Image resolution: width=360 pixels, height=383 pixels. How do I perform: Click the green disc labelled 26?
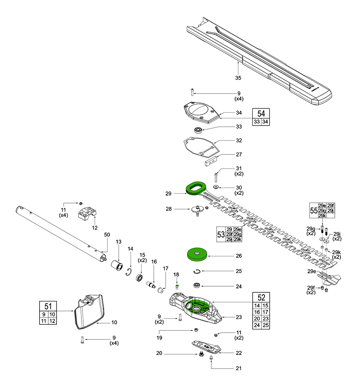click(x=197, y=254)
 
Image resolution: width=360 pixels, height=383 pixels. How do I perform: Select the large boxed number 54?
click(x=261, y=114)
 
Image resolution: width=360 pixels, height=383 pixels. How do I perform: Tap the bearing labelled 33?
click(x=198, y=130)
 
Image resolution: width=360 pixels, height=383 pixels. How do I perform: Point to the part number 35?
click(x=238, y=78)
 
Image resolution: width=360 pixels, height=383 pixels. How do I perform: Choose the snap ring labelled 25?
click(x=198, y=271)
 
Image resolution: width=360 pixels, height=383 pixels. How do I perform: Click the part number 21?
click(x=239, y=368)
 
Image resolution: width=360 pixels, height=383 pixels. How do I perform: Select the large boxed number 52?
click(x=261, y=297)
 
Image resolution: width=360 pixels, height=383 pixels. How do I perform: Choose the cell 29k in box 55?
click(x=323, y=215)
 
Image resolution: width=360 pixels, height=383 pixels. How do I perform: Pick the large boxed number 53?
click(x=220, y=234)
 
